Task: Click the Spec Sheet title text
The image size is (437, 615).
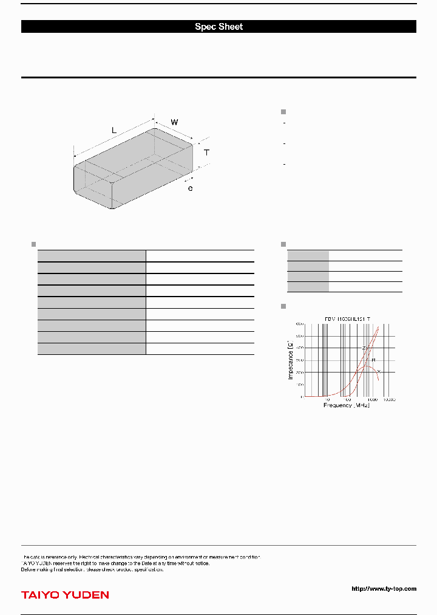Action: (218, 27)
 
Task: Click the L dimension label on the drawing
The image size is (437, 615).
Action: (113, 130)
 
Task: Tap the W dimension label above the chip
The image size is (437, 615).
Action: (174, 122)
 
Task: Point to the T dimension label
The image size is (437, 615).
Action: (206, 153)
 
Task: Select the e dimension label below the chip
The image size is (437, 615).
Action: (190, 189)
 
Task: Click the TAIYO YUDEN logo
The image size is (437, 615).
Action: (65, 595)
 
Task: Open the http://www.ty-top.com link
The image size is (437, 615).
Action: (384, 588)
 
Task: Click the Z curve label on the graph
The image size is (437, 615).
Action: (364, 348)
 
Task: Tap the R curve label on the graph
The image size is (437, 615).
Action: (373, 360)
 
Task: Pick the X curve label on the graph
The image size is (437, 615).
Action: (379, 371)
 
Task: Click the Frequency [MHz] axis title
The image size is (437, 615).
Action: (346, 405)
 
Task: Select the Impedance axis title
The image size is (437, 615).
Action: (290, 360)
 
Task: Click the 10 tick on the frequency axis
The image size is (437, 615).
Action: (327, 400)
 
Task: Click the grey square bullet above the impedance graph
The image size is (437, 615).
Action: (283, 305)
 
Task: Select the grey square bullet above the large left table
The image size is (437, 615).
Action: (33, 244)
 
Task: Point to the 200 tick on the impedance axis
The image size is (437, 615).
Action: (299, 372)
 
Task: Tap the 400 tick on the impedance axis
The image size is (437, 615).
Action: (299, 348)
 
